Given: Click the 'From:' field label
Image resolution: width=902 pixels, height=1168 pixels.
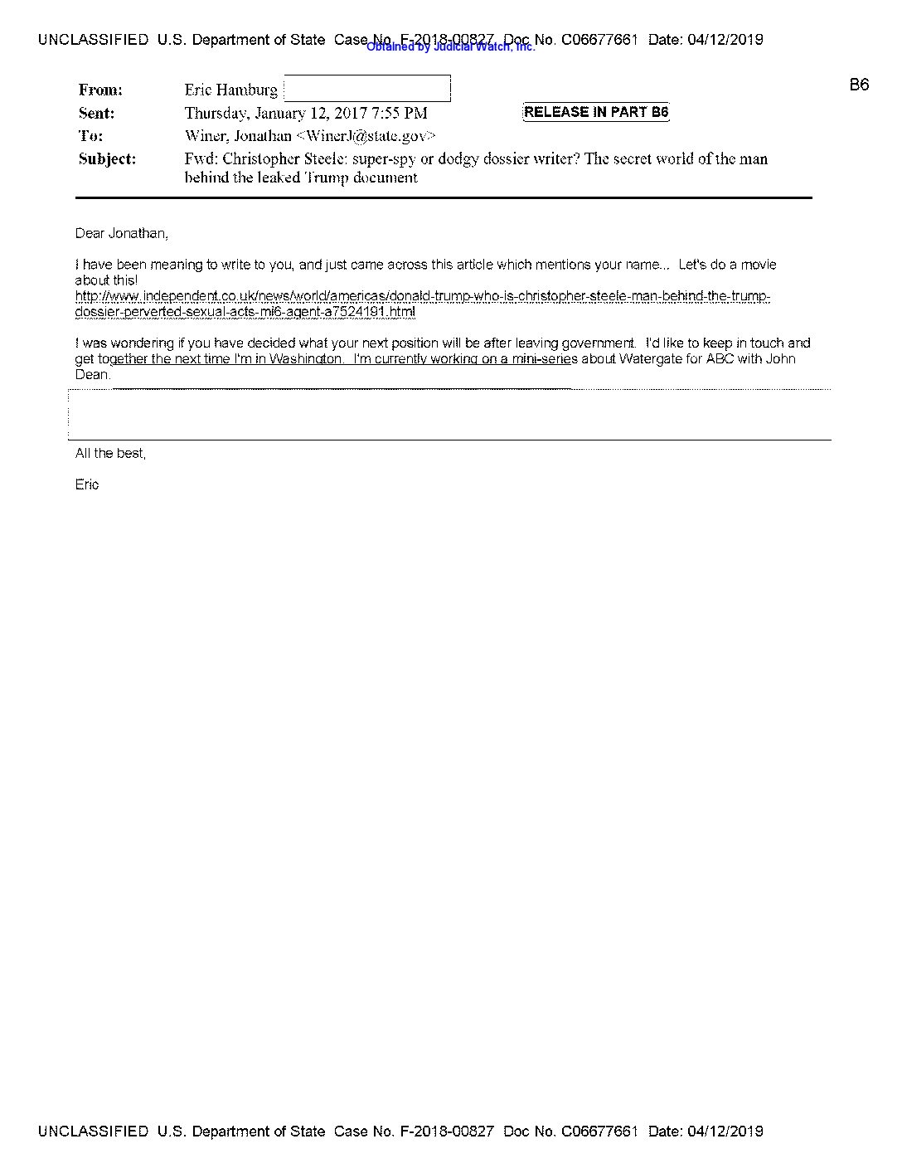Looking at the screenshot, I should point(100,90).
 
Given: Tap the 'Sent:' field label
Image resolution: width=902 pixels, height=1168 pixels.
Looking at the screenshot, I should point(96,113).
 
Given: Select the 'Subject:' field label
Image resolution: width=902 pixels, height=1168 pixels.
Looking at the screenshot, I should point(107,158).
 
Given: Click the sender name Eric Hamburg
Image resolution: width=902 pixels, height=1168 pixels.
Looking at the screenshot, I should point(230,90).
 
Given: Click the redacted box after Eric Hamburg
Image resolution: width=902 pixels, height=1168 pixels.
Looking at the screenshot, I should point(367,89).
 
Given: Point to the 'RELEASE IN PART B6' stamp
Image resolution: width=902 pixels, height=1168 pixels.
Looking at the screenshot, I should point(595,112).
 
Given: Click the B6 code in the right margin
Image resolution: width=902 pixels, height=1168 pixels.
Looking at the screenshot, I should point(859,85).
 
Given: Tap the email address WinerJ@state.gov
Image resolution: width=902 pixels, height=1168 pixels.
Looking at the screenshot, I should point(366,136).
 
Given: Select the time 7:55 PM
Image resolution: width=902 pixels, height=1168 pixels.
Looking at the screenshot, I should point(400,113).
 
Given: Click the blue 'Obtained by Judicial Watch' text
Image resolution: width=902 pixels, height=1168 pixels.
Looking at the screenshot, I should point(450,47).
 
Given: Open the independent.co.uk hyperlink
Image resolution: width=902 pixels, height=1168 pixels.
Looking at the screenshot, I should point(422,304).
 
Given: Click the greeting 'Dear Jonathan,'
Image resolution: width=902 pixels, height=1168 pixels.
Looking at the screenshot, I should point(121,234).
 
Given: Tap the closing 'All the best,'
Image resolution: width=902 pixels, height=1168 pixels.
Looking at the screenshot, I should point(110,453).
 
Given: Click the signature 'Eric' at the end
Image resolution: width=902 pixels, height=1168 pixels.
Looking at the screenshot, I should point(86,484).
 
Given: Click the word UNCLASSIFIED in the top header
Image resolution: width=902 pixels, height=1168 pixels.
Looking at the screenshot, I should point(93,40).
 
